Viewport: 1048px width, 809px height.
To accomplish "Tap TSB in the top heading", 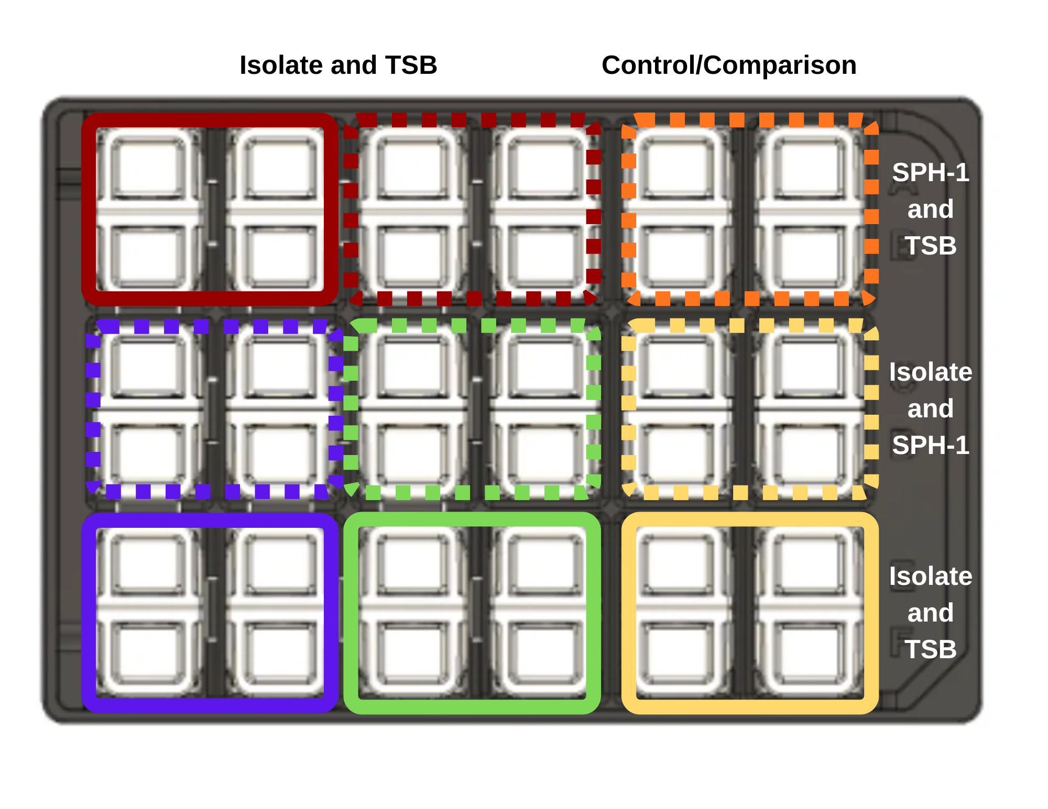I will click(411, 65).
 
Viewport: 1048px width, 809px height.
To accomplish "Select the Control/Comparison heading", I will click(729, 65).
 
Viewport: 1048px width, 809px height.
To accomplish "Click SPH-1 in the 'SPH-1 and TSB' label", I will click(931, 172).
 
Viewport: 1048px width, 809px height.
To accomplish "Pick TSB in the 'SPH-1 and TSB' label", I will click(931, 246).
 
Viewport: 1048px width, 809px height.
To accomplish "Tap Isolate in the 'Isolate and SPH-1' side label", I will click(931, 372).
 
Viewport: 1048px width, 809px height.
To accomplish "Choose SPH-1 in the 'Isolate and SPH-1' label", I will click(931, 445).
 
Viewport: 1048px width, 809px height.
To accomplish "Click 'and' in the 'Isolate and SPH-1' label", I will click(931, 408).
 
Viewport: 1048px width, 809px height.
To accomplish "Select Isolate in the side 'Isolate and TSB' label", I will click(931, 576).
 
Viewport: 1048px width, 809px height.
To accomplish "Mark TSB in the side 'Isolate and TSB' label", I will click(931, 649).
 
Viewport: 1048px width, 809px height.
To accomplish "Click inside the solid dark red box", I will click(210, 209).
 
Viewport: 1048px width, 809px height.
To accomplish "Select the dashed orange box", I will click(750, 209).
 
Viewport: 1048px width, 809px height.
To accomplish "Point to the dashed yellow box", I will click(750, 408).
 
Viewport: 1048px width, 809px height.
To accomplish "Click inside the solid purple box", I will click(210, 613).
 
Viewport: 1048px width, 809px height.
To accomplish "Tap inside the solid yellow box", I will click(750, 613).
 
